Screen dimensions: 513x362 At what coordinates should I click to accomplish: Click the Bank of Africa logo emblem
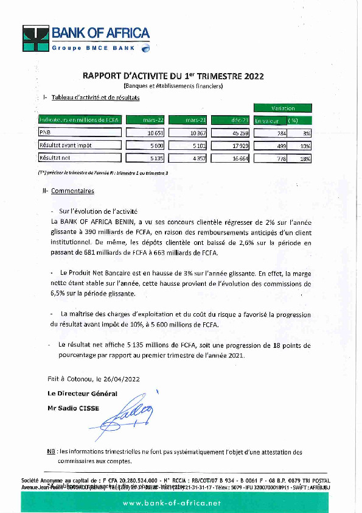pos(36,38)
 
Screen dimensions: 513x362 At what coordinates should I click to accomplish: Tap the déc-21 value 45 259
pos(232,133)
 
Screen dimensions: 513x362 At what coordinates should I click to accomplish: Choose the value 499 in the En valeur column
pos(270,145)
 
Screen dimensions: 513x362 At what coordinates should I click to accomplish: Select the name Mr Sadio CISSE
pos(73,408)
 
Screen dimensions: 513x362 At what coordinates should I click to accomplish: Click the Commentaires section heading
pos(72,191)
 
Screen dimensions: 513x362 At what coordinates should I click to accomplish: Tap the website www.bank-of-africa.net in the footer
pos(181,503)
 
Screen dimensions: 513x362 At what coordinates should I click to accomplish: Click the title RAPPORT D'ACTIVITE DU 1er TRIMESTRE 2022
pos(173,77)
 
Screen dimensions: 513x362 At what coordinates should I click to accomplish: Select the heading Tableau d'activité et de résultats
pos(96,97)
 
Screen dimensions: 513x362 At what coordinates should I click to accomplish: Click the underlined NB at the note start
pos(51,452)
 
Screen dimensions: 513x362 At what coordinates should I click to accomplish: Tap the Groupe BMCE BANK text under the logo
pos(93,48)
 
